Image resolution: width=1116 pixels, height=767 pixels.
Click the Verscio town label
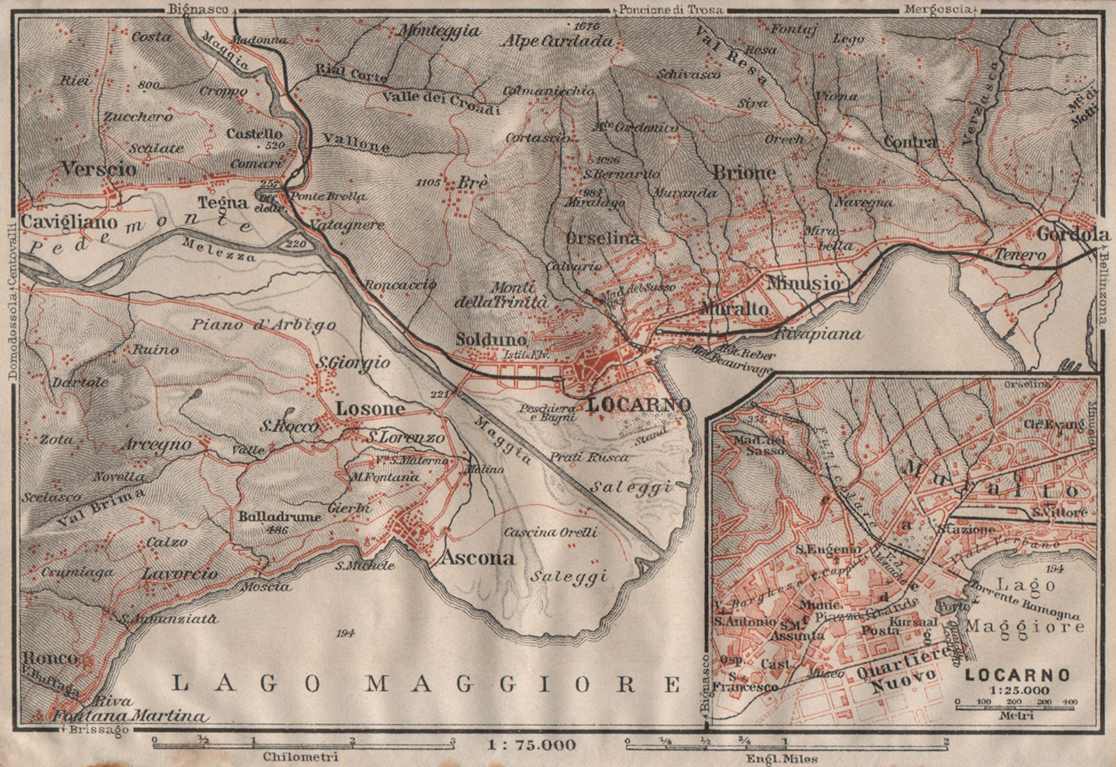point(98,168)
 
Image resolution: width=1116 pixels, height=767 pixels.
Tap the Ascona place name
point(478,558)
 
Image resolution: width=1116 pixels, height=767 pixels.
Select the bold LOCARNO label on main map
point(639,404)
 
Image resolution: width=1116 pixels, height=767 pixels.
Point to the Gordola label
point(1073,234)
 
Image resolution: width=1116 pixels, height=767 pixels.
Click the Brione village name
point(744,172)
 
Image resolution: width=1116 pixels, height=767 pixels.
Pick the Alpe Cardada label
point(557,41)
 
